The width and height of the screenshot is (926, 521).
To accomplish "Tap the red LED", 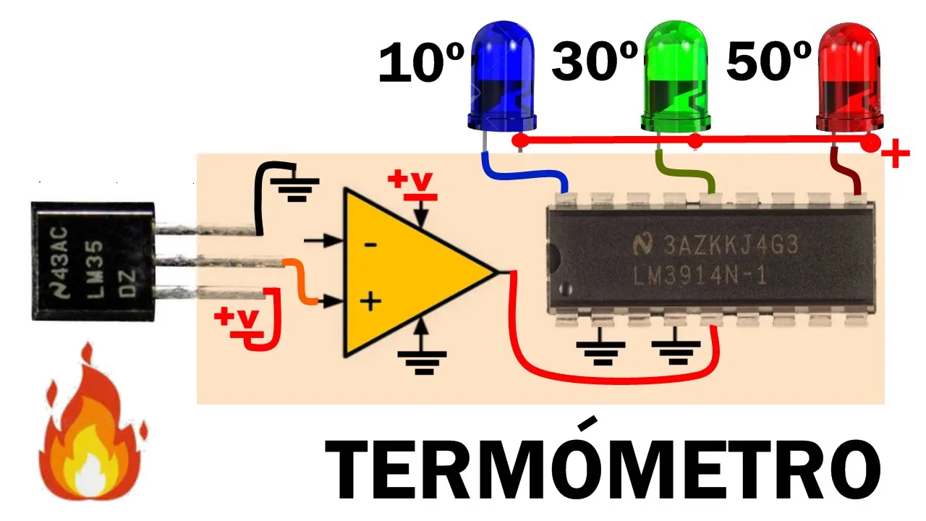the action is coord(849,77).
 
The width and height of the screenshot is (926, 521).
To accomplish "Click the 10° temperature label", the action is coord(422,63).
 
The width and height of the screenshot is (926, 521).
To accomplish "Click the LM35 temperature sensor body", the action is coord(93,261).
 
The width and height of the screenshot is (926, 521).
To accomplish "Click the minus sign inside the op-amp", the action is coord(370,245).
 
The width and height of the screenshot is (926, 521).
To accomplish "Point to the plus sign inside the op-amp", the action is coord(370,301).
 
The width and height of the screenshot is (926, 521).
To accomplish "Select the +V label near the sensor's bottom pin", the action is coord(239,322).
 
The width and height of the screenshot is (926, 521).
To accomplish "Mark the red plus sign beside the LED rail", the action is coord(896,153).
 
